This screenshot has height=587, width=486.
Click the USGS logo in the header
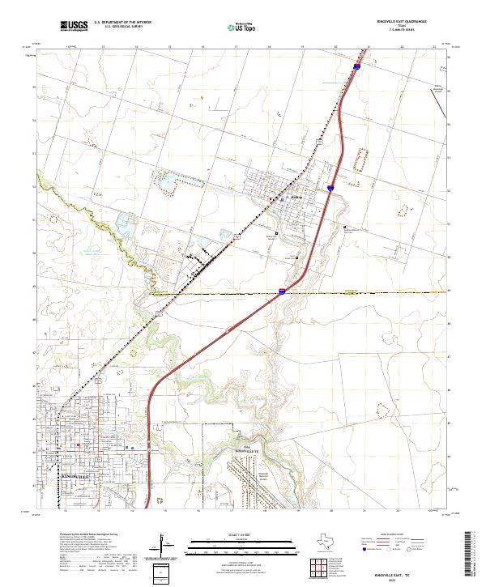point(75,26)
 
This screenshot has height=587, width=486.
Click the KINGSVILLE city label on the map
point(79,477)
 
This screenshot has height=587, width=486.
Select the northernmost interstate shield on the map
point(355,70)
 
